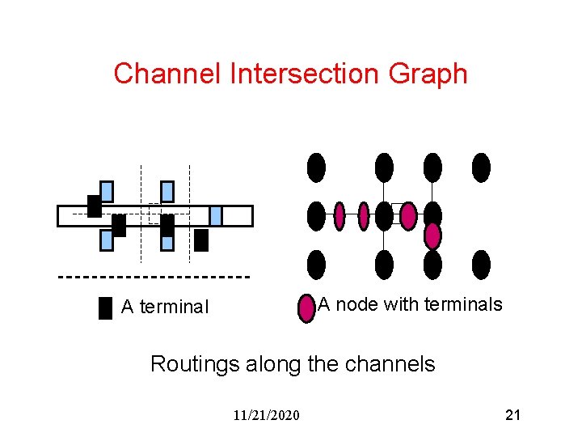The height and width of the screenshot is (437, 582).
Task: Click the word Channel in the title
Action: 167,74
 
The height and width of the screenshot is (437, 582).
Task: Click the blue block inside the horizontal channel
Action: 215,215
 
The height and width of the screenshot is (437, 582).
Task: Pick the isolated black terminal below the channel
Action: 201,240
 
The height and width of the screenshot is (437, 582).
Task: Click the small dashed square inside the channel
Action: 155,213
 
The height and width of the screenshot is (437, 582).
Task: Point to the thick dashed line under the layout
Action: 154,277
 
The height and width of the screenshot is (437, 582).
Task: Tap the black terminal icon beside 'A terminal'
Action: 105,308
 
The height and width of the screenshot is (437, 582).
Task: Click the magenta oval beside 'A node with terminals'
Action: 306,308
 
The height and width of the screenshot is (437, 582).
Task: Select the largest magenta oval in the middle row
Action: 408,216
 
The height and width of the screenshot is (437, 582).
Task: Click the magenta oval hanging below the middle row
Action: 433,235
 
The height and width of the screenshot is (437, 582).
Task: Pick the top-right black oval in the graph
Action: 481,168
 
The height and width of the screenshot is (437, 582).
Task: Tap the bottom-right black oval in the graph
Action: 481,265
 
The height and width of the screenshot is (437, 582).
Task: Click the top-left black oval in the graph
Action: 316,168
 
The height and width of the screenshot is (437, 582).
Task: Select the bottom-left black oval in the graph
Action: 316,265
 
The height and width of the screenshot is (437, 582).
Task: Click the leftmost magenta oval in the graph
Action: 339,216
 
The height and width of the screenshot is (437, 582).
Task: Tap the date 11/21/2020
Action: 266,415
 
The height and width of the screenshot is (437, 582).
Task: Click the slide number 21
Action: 512,415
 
